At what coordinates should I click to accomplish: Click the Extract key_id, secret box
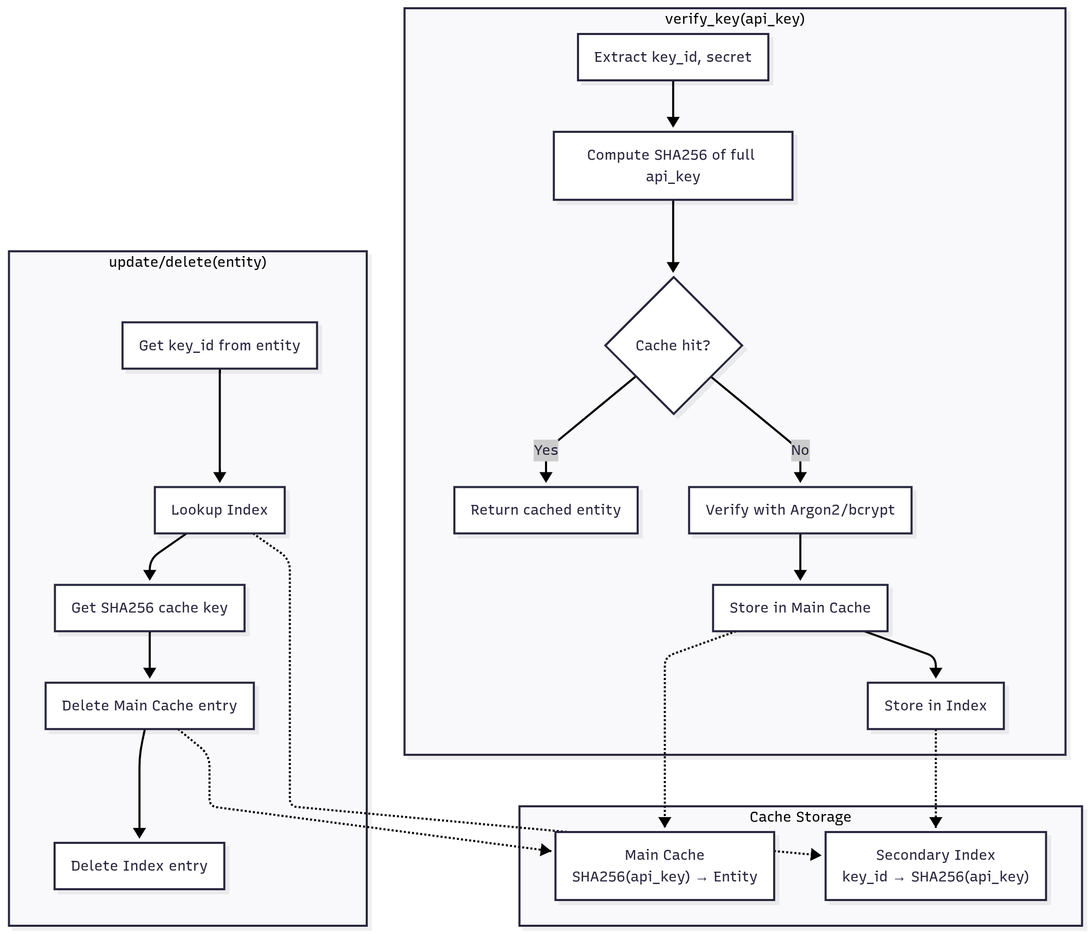(x=672, y=57)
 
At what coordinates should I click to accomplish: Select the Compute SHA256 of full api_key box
(x=672, y=165)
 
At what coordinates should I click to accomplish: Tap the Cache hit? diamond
(x=673, y=345)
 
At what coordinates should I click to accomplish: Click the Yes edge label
(x=545, y=450)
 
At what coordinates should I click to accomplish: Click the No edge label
(x=800, y=450)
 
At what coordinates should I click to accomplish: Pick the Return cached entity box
(x=545, y=510)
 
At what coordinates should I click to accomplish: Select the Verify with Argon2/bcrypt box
(x=800, y=510)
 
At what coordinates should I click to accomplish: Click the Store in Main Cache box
(x=800, y=607)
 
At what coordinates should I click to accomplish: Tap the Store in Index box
(x=935, y=705)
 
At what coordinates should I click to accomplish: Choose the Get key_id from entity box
(x=219, y=345)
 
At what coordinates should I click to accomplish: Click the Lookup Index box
(x=219, y=510)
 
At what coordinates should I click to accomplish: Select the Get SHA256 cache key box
(x=149, y=607)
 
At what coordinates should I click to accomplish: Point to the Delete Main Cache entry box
(x=149, y=705)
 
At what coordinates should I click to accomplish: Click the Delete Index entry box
(x=139, y=866)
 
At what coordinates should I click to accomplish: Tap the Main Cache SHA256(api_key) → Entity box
(x=664, y=866)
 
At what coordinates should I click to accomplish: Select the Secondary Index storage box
(x=935, y=866)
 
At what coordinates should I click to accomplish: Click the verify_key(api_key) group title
(x=735, y=19)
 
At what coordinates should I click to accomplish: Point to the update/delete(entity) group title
(x=187, y=262)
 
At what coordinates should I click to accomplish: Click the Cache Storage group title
(x=800, y=817)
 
